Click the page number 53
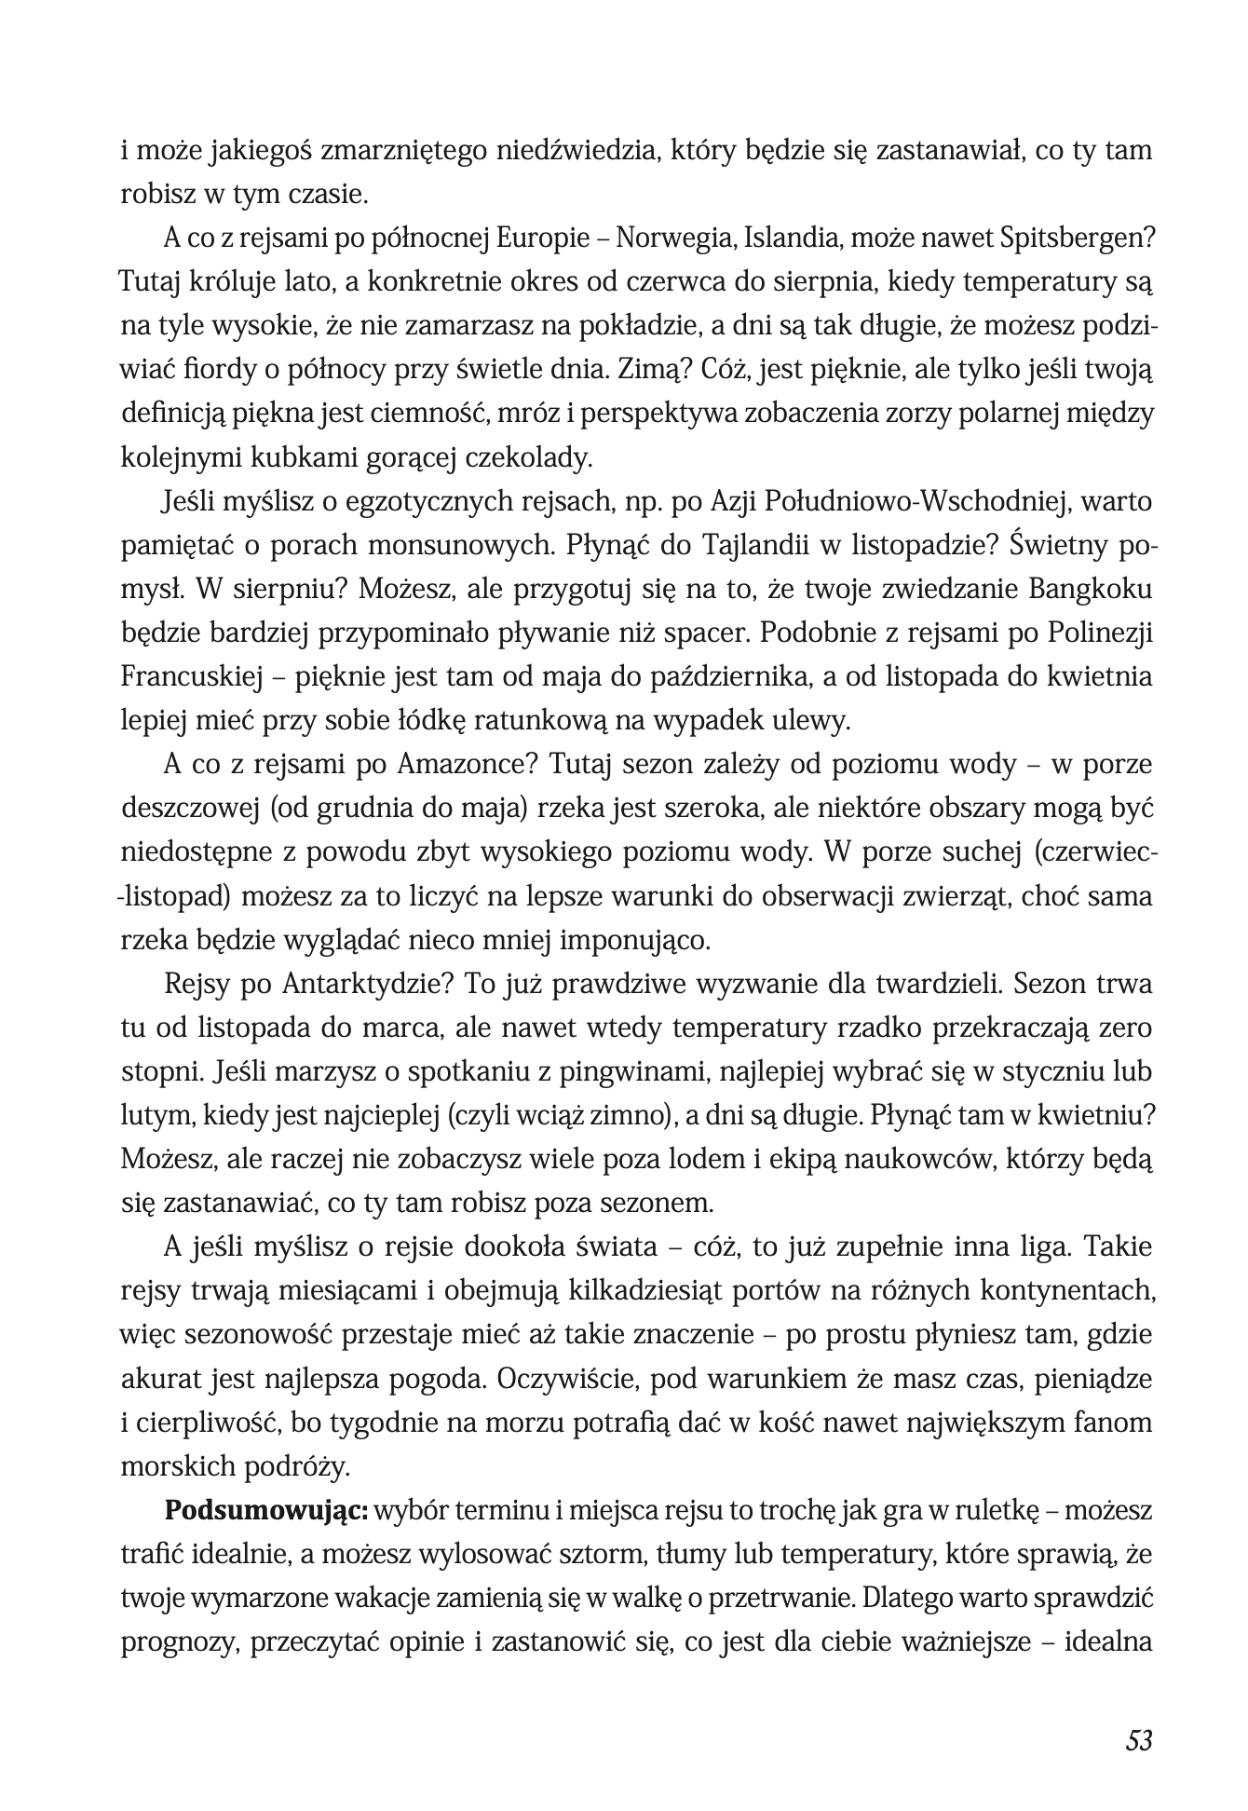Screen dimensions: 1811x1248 [1139, 1740]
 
